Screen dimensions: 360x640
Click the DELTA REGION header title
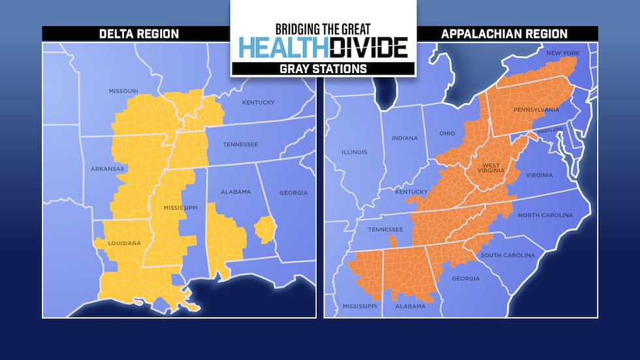135,34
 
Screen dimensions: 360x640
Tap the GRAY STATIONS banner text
323,68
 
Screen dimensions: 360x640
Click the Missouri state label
123,91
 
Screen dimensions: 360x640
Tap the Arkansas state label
107,169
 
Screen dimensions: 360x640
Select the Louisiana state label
124,243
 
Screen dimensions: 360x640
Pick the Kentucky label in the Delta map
258,103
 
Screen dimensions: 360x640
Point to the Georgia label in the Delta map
293,193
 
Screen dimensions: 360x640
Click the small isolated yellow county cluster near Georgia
264,229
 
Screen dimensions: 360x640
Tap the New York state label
562,52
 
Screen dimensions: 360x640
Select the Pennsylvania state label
536,110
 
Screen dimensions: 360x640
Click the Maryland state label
549,131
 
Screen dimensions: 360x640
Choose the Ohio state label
447,133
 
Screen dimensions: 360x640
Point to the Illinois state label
354,152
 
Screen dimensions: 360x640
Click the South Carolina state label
507,255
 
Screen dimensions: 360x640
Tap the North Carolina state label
545,215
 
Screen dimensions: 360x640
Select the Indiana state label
404,138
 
